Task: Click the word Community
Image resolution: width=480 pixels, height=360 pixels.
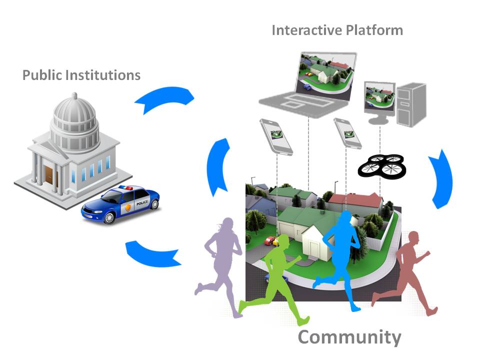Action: [349, 337]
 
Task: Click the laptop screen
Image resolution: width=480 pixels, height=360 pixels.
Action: [325, 72]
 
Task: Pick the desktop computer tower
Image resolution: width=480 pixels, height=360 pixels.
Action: [410, 103]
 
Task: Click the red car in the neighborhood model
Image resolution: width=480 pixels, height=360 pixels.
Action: [270, 241]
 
